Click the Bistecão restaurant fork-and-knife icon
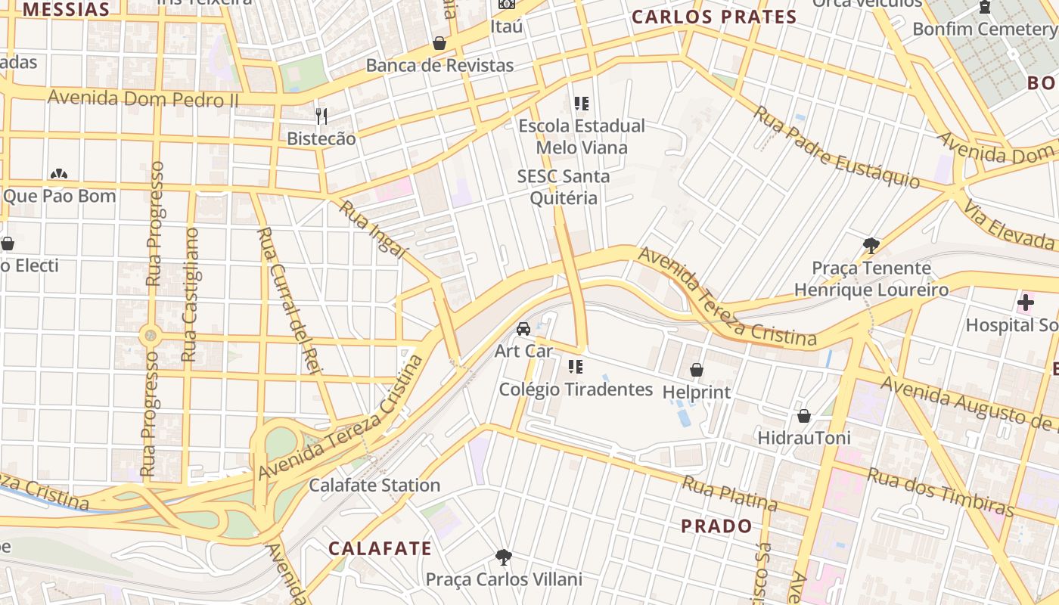[322, 116]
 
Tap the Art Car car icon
[523, 329]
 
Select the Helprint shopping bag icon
[697, 370]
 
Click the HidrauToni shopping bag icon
[804, 416]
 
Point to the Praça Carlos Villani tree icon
[503, 557]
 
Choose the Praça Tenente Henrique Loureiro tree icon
[871, 245]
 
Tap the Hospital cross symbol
[1026, 303]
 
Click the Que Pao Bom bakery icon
[59, 174]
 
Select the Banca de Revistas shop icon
[439, 43]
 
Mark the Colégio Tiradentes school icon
[576, 367]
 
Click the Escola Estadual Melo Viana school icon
[581, 103]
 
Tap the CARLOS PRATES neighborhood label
[714, 17]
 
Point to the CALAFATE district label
[380, 548]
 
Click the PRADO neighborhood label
[716, 526]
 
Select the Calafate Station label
[374, 485]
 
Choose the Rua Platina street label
[729, 493]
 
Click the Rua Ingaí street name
[374, 228]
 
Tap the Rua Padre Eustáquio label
[837, 147]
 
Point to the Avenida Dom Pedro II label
[143, 98]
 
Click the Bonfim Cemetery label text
[984, 29]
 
